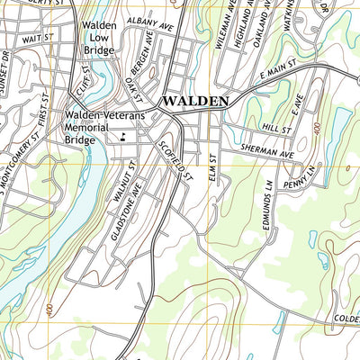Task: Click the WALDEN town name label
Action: pos(195,102)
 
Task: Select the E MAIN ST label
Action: pos(281,76)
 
